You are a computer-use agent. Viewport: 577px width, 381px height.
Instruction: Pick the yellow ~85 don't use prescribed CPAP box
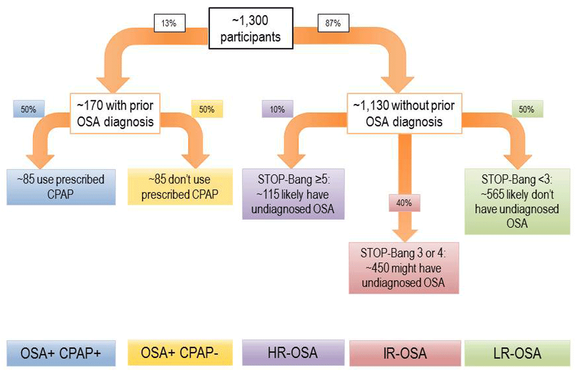179,186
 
